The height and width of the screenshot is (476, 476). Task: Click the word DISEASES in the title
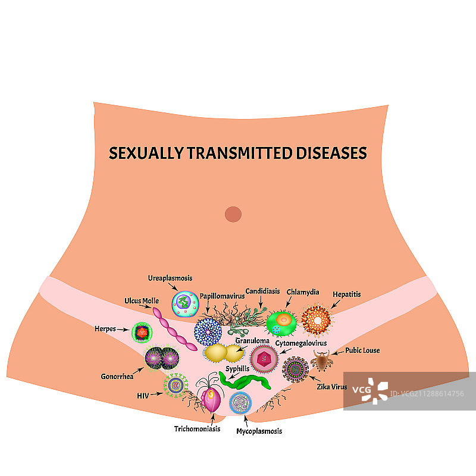331,153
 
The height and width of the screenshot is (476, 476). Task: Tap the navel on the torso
233,214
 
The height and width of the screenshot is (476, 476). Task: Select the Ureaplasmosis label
170,278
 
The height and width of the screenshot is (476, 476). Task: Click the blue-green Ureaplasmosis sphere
185,303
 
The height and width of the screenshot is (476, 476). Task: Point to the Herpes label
105,328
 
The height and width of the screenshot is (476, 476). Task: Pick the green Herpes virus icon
142,332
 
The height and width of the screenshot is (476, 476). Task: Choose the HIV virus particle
176,386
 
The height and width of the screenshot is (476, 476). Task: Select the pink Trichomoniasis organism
211,399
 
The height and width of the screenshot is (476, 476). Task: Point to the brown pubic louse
321,360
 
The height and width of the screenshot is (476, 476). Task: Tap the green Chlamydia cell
281,322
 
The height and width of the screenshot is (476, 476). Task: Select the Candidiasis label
262,292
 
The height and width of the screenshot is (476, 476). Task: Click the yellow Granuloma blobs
217,353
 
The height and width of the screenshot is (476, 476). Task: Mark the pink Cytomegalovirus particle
264,359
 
